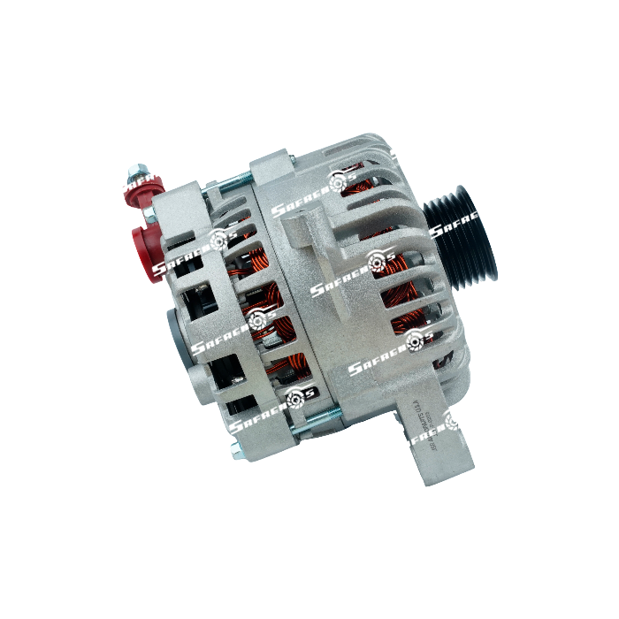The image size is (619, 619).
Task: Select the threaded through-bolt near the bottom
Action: pos(304,428)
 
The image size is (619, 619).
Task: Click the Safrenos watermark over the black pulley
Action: pos(460,231)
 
